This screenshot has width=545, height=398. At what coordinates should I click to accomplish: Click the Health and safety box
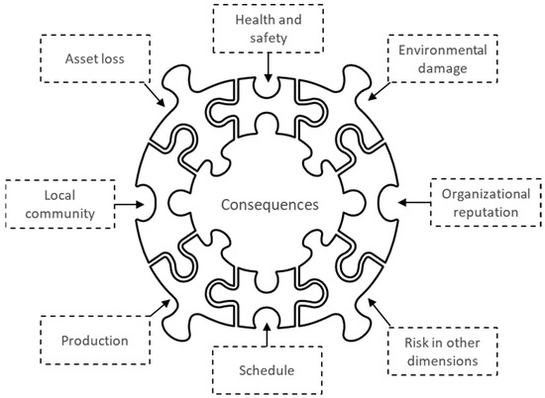point(270,27)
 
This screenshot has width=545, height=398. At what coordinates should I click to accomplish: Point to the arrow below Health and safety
point(270,66)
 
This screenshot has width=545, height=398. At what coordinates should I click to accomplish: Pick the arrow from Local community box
point(124,204)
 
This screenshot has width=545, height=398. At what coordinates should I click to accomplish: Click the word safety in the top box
point(270,37)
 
